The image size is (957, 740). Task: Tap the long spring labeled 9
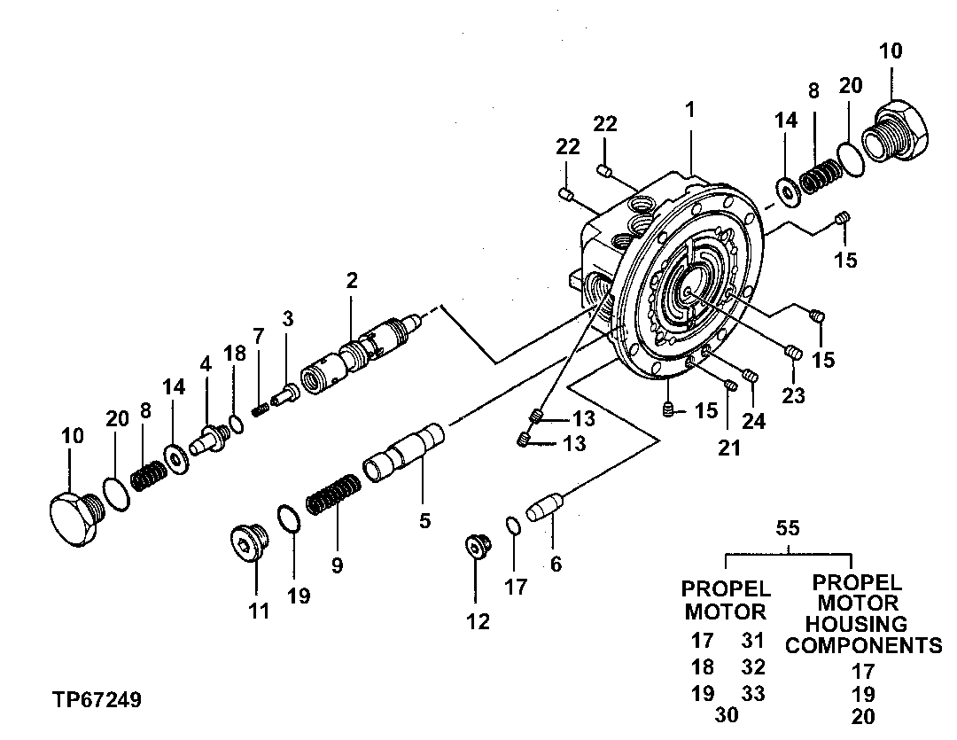coord(333,495)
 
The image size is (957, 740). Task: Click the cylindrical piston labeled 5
coord(404,453)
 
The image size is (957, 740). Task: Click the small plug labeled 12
coord(478,547)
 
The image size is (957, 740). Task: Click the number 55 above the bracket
coord(788,529)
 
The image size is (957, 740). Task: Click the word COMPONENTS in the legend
coord(863,645)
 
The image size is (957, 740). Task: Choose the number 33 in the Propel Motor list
coord(753,692)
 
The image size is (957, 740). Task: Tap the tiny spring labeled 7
coord(261,409)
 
